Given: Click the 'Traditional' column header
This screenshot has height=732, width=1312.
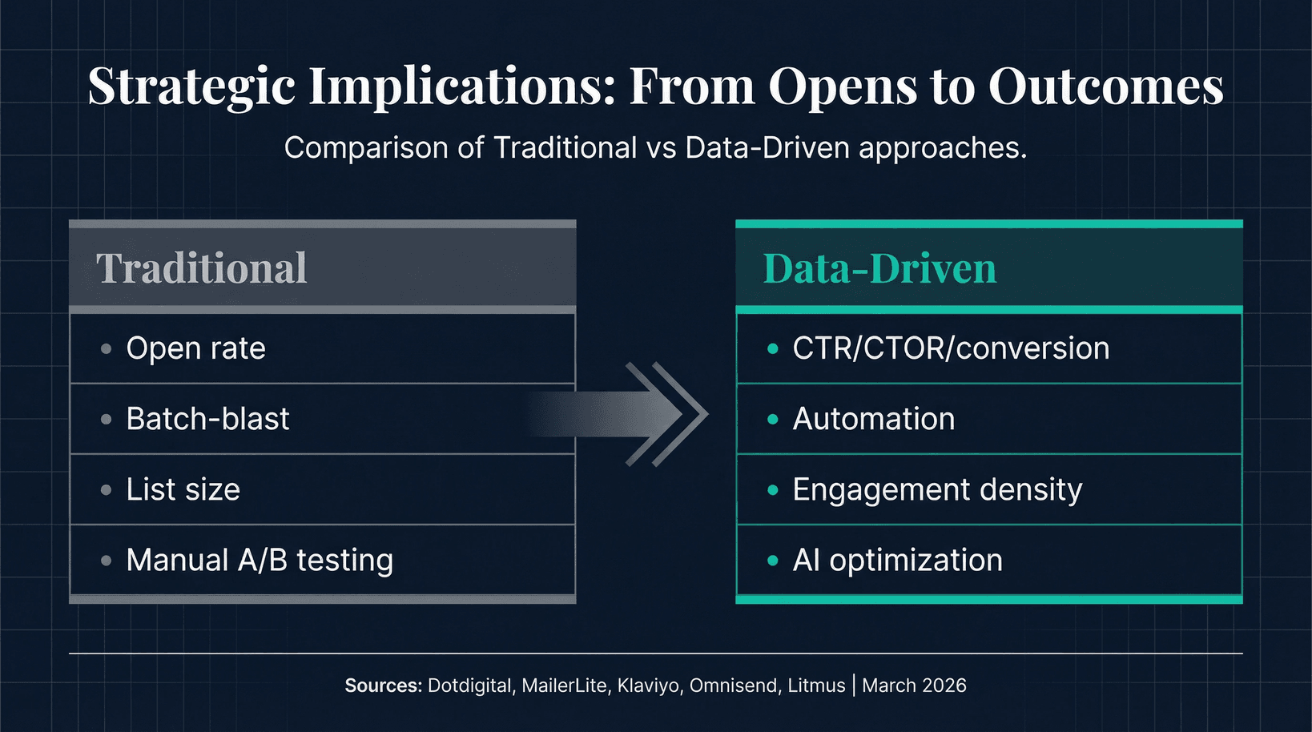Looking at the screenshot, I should [x=201, y=268].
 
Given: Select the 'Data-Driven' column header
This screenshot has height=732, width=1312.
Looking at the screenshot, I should [x=879, y=268].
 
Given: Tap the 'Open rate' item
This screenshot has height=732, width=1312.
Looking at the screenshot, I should [x=195, y=348].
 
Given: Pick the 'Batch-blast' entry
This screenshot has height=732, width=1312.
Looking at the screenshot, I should [x=207, y=419].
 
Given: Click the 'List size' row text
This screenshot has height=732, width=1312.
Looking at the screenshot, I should [x=183, y=489].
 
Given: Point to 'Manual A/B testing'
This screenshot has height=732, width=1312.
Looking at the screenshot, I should [x=260, y=560].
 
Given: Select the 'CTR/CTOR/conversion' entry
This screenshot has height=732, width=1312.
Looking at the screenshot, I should [x=951, y=348].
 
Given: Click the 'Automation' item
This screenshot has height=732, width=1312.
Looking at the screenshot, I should [x=873, y=419].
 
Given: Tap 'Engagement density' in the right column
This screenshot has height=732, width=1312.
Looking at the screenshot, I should [x=937, y=489].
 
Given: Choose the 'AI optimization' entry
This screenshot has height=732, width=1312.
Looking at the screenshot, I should [x=897, y=560].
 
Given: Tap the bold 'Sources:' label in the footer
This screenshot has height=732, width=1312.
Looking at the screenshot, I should [x=383, y=686].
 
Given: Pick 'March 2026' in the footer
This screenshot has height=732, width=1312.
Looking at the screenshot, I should [x=914, y=686].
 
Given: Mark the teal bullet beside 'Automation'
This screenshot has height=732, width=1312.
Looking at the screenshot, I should [x=772, y=419].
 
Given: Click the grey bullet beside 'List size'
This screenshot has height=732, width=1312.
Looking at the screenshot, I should [x=106, y=489].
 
